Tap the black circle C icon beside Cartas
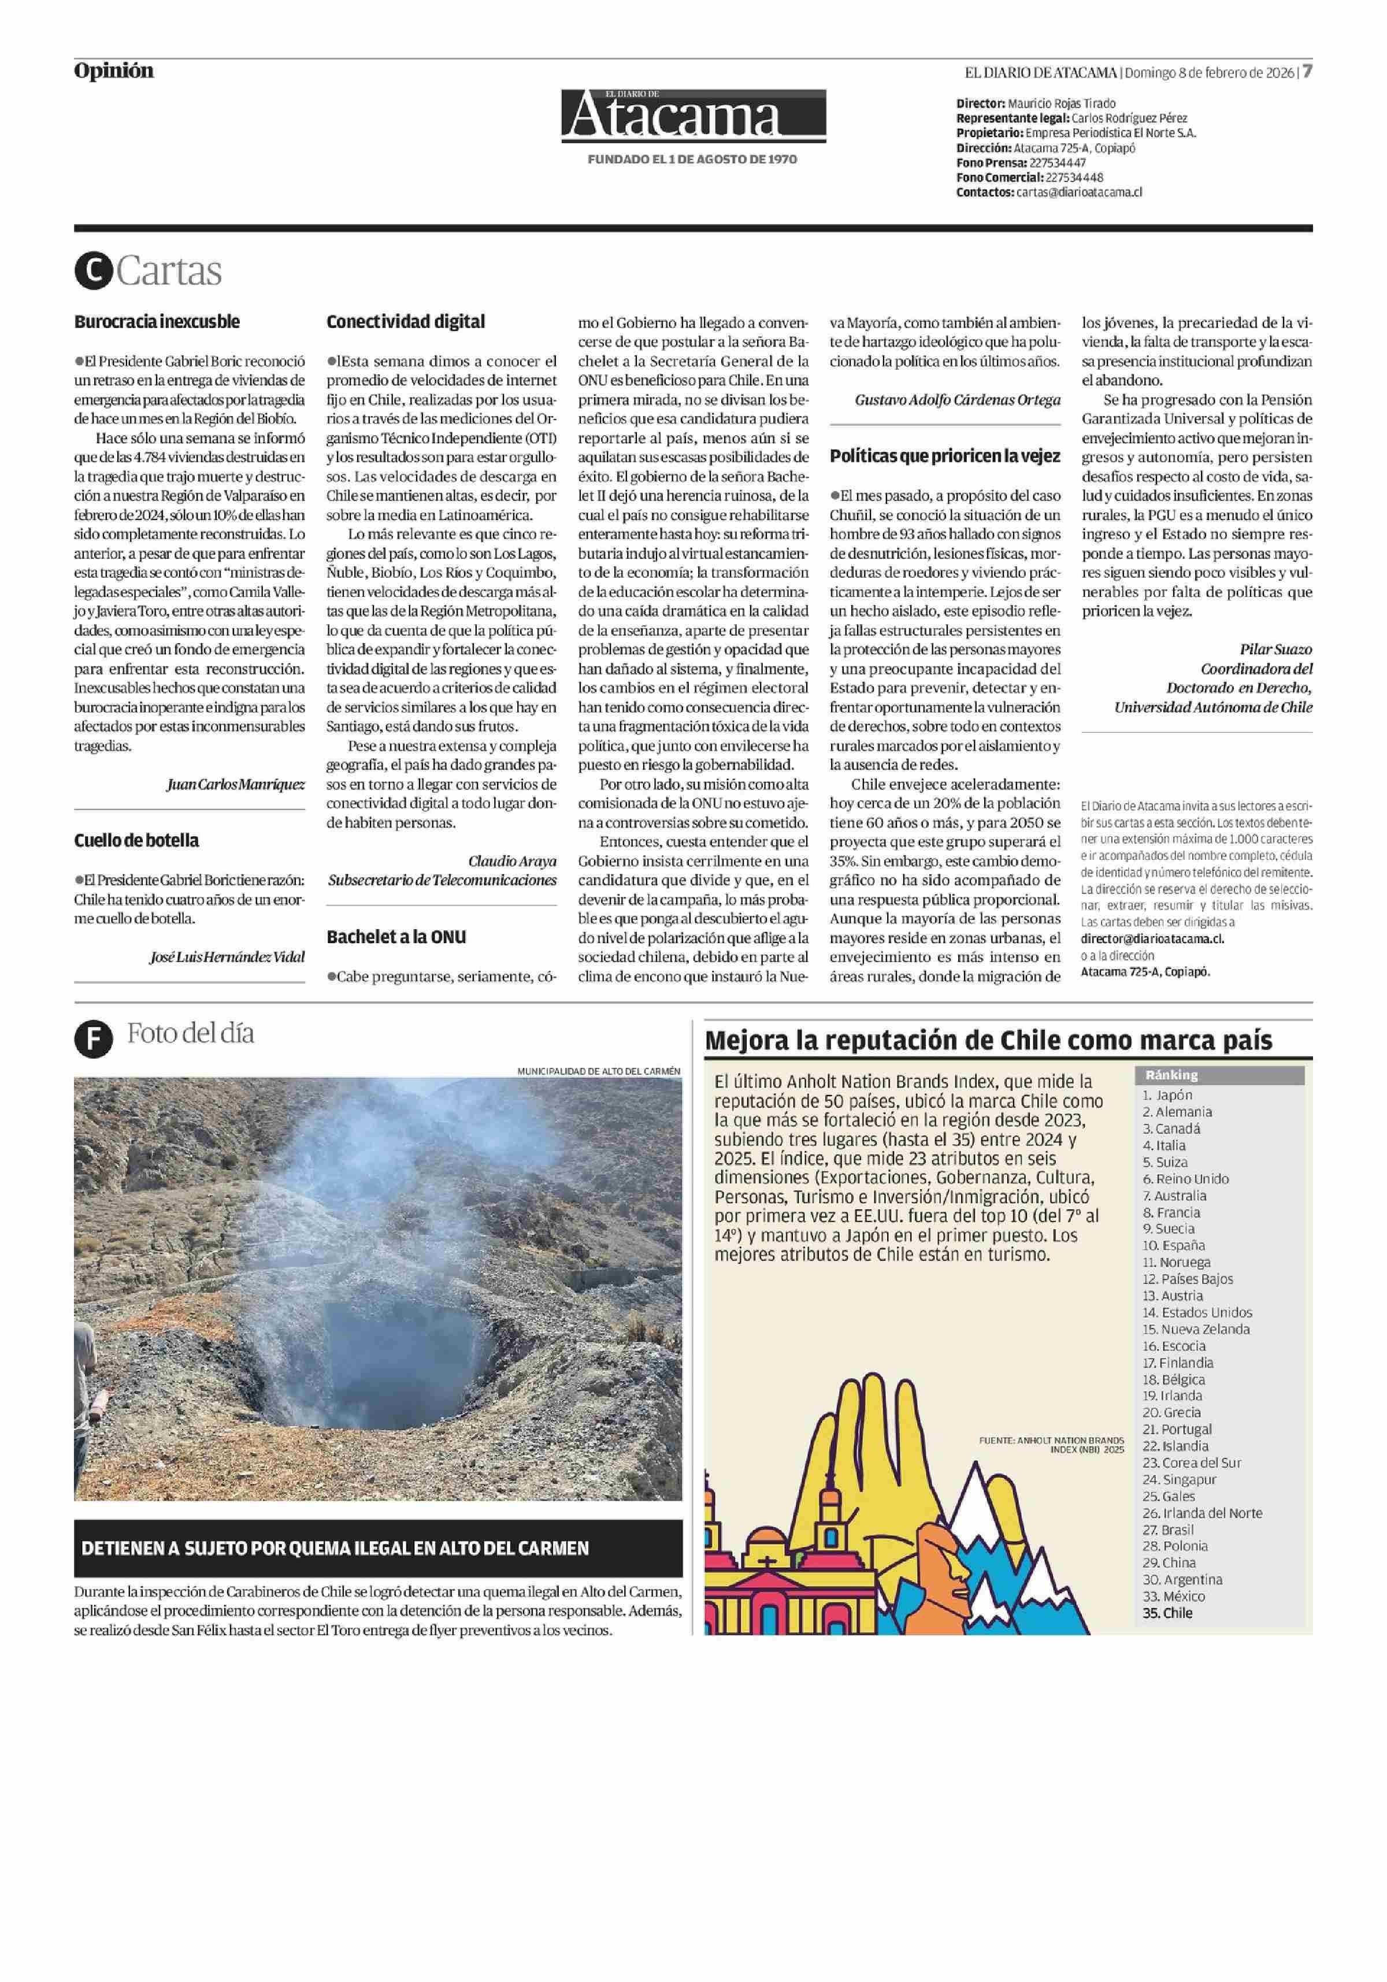[x=93, y=271]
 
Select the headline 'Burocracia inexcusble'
[x=156, y=322]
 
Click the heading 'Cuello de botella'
[x=136, y=840]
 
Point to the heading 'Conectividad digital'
[x=406, y=322]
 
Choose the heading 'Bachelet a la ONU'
[x=396, y=937]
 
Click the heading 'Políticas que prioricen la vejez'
[x=945, y=456]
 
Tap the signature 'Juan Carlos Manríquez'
[x=236, y=784]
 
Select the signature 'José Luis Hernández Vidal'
[x=227, y=956]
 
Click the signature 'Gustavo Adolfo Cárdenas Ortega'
[x=957, y=400]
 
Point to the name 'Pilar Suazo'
[x=1275, y=649]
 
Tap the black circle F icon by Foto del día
[x=93, y=1038]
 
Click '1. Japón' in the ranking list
[x=1167, y=1094]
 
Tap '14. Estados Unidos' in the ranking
[x=1196, y=1312]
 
